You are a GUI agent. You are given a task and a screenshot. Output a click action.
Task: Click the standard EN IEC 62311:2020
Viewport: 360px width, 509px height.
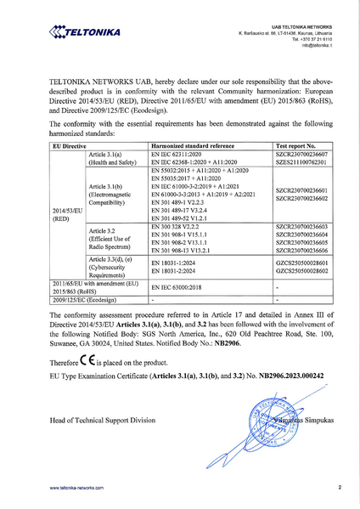(179, 154)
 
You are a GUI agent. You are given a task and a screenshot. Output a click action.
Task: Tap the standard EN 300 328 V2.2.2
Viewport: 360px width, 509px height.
(175, 228)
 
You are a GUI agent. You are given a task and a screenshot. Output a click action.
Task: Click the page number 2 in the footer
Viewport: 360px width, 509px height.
(339, 488)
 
